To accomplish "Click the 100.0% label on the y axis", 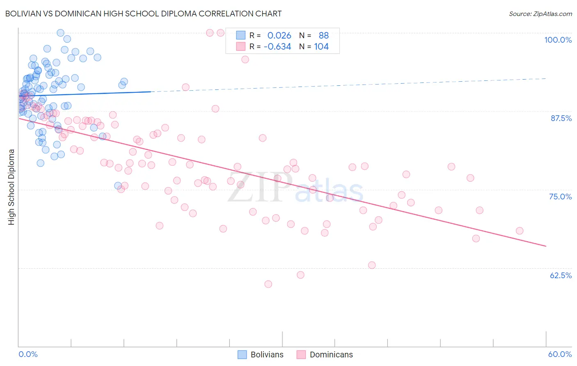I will [558, 40].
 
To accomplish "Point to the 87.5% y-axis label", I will [561, 118].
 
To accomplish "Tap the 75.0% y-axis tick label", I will [560, 197].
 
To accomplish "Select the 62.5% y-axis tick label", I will [561, 275].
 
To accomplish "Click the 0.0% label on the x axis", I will [28, 354].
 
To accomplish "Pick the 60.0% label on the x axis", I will [560, 354].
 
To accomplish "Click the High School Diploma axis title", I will [11, 187].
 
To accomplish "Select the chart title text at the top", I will [143, 14].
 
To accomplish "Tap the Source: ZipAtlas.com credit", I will [540, 14].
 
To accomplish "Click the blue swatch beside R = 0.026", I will [240, 35].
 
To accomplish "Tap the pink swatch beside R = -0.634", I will [240, 46].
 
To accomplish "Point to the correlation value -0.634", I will [277, 46].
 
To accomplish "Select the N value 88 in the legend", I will [324, 35].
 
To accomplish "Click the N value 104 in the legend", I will [321, 46].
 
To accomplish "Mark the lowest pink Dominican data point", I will [268, 284].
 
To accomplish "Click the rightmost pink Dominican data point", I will [520, 231].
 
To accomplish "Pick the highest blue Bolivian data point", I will [60, 33].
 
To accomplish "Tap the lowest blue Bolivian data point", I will [118, 186].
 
